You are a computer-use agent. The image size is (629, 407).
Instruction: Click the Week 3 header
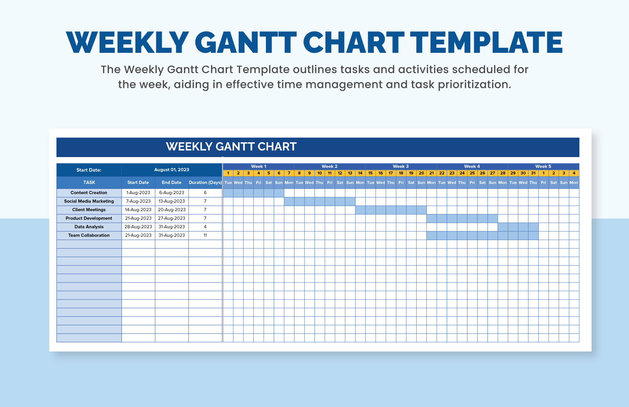[x=401, y=166]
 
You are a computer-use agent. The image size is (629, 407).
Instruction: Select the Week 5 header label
[x=543, y=166]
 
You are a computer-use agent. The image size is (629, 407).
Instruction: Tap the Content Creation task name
[x=89, y=193]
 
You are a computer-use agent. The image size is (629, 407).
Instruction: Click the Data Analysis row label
[x=89, y=227]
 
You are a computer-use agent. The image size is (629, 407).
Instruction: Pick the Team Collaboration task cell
[x=89, y=236]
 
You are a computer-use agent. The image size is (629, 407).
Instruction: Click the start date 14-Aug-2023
[x=138, y=210]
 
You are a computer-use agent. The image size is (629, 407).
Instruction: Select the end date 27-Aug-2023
[x=172, y=218]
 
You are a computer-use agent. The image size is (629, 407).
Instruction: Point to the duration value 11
[x=205, y=236]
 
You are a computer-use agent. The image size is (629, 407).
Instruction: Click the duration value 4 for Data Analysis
[x=205, y=227]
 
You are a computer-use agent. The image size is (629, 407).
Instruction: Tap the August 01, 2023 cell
[x=172, y=170]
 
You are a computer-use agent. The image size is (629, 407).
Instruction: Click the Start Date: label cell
[x=89, y=170]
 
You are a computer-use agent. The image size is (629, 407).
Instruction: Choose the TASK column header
[x=89, y=182]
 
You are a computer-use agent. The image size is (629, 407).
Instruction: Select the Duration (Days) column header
[x=205, y=182]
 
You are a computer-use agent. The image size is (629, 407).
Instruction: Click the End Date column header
[x=172, y=182]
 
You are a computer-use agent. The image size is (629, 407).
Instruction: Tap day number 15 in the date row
[x=371, y=173]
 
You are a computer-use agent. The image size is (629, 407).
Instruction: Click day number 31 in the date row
[x=533, y=173]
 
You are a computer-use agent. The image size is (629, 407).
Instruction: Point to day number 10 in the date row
[x=320, y=173]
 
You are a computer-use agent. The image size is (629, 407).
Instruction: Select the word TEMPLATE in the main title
[x=486, y=43]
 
